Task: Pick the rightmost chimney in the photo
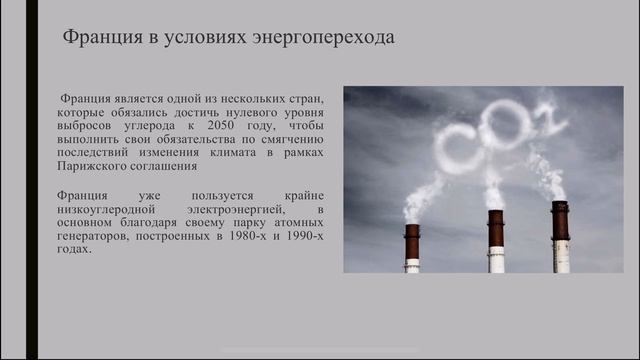(560, 238)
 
